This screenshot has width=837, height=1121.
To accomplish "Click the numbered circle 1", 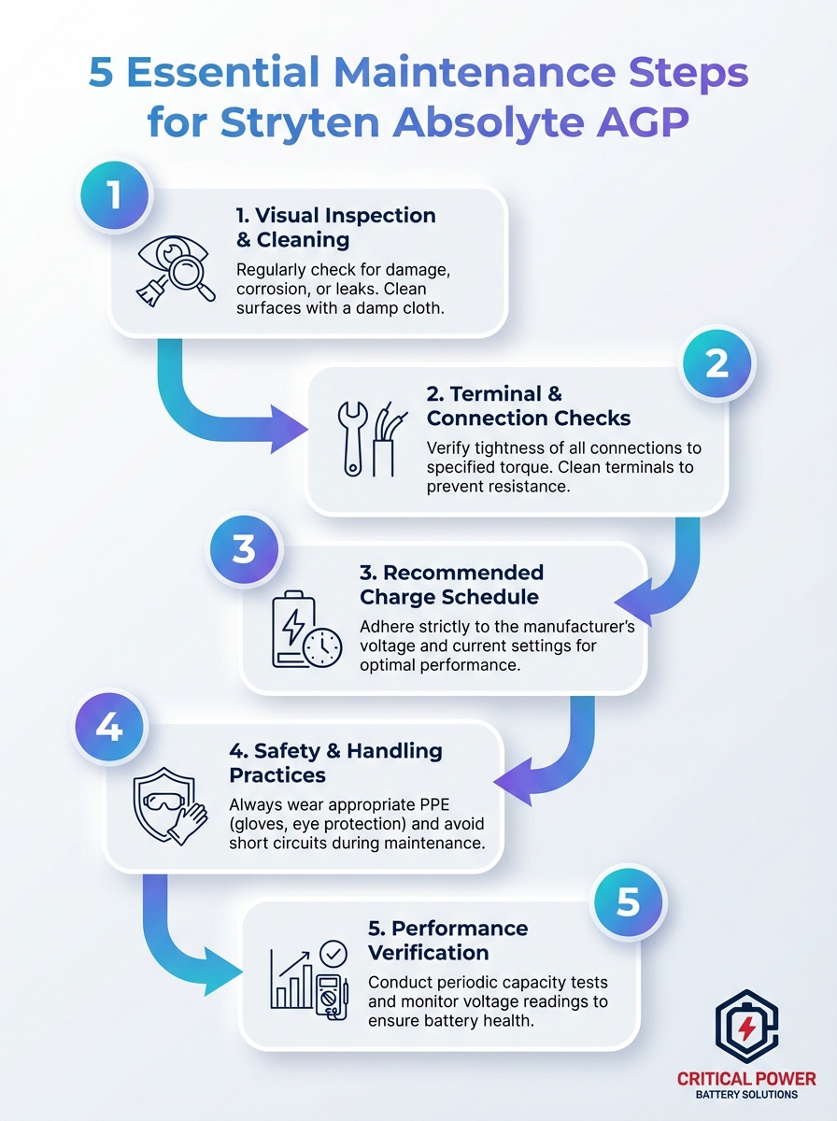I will pos(114,196).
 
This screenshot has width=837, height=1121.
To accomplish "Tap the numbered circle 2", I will pos(716,363).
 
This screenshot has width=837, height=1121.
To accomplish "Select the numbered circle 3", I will pos(244,549).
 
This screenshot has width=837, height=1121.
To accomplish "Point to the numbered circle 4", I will pos(109,727).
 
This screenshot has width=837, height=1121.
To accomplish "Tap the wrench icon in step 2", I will pos(353,437).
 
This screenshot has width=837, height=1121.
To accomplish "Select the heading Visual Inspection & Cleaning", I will pos(335,227).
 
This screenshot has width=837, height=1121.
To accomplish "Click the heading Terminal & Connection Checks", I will pos(529,406).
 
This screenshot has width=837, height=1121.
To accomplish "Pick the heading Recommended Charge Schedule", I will pos(451,585).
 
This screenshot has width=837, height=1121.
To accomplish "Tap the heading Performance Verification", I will pos(447,940).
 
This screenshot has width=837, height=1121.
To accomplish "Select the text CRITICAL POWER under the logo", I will pos(746,1079).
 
